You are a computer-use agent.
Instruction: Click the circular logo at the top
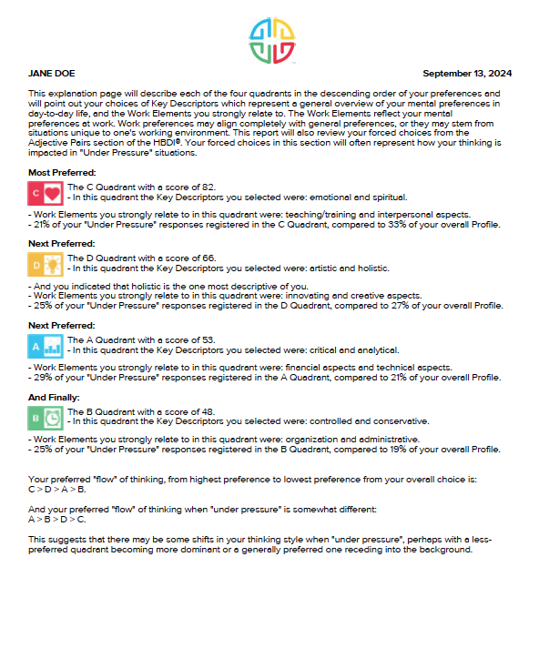pyautogui.click(x=272, y=40)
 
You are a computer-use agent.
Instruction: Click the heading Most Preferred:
pyautogui.click(x=62, y=172)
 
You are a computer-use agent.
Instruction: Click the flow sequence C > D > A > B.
pyautogui.click(x=57, y=489)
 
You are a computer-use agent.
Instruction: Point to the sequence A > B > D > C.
pyautogui.click(x=57, y=520)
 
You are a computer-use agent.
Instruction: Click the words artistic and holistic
pyautogui.click(x=349, y=268)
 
